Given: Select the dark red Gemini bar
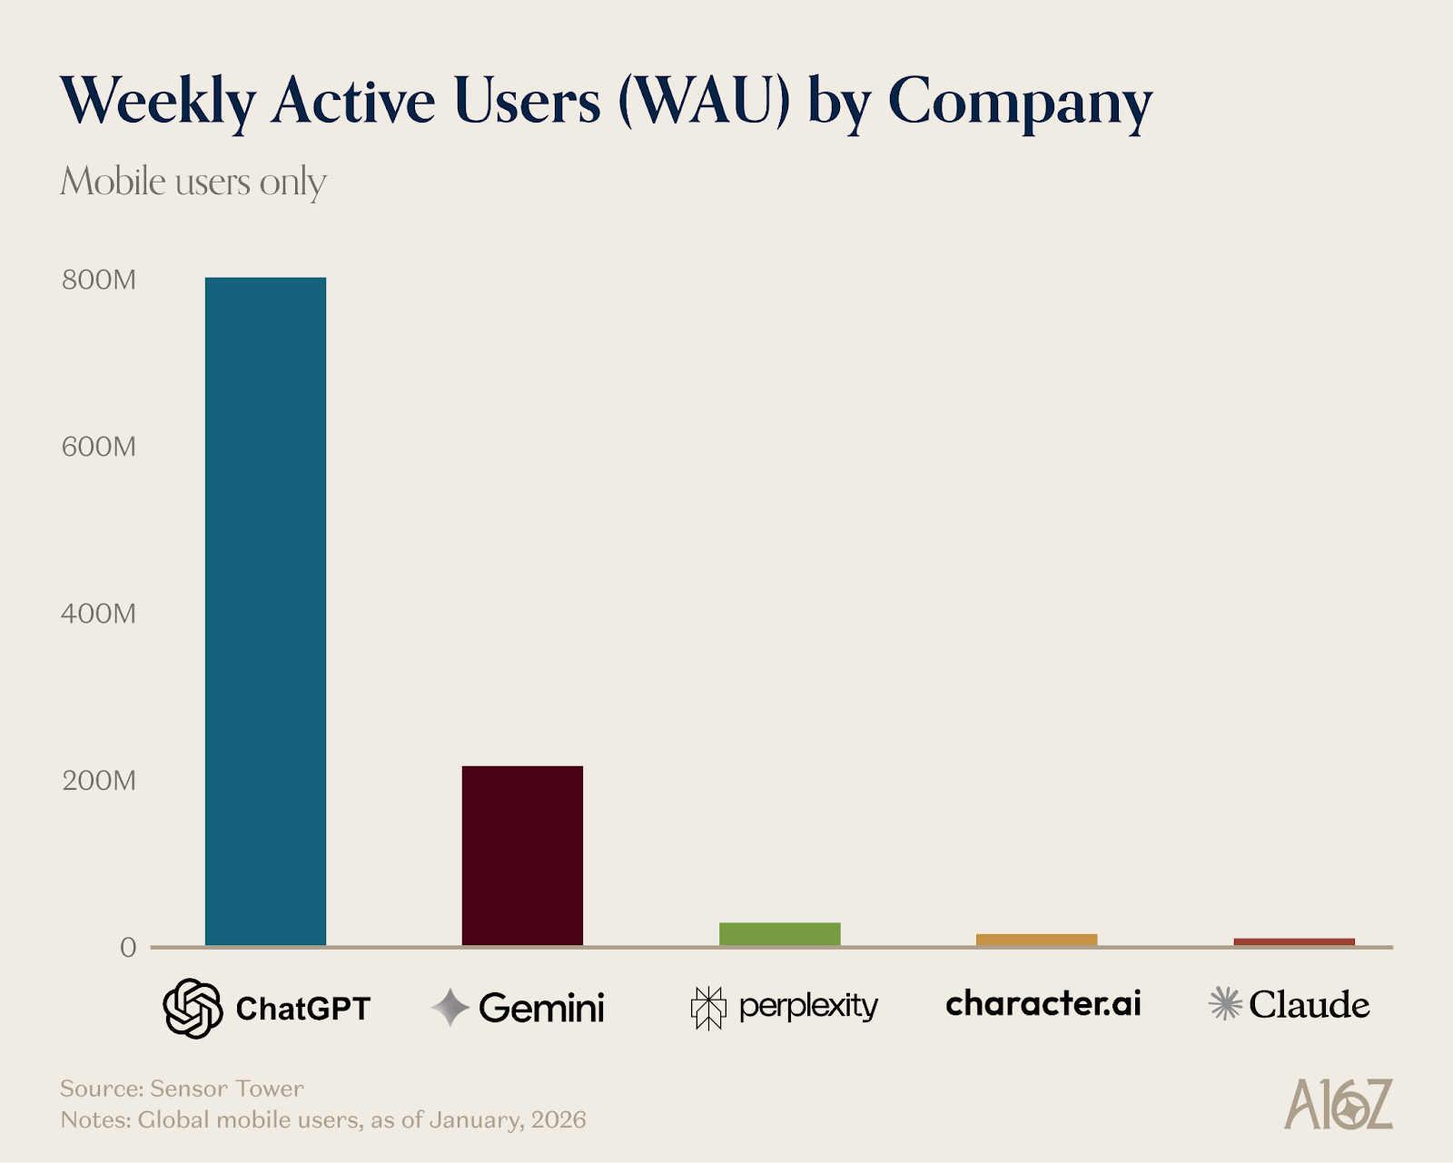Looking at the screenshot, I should click(x=522, y=855).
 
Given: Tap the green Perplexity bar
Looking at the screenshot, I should click(x=779, y=934).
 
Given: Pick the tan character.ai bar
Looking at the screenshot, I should click(x=1036, y=940).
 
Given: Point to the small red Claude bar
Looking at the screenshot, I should click(x=1293, y=941).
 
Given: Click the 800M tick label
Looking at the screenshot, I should click(x=99, y=280).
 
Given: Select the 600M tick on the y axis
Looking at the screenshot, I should click(x=99, y=447).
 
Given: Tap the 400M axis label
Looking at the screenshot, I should click(x=99, y=614).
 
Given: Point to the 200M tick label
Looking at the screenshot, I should click(x=99, y=781).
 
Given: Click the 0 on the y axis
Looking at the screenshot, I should click(x=128, y=948).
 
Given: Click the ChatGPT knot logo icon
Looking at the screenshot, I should click(x=193, y=1008).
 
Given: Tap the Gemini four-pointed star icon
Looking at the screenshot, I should click(x=450, y=1008).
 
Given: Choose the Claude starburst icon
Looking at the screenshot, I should click(x=1225, y=1004).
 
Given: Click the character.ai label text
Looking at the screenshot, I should click(x=1043, y=1003).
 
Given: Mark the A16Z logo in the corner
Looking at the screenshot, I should click(x=1338, y=1104).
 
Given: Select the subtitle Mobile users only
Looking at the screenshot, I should click(x=193, y=182).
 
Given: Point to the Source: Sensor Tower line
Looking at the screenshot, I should click(x=182, y=1089).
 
